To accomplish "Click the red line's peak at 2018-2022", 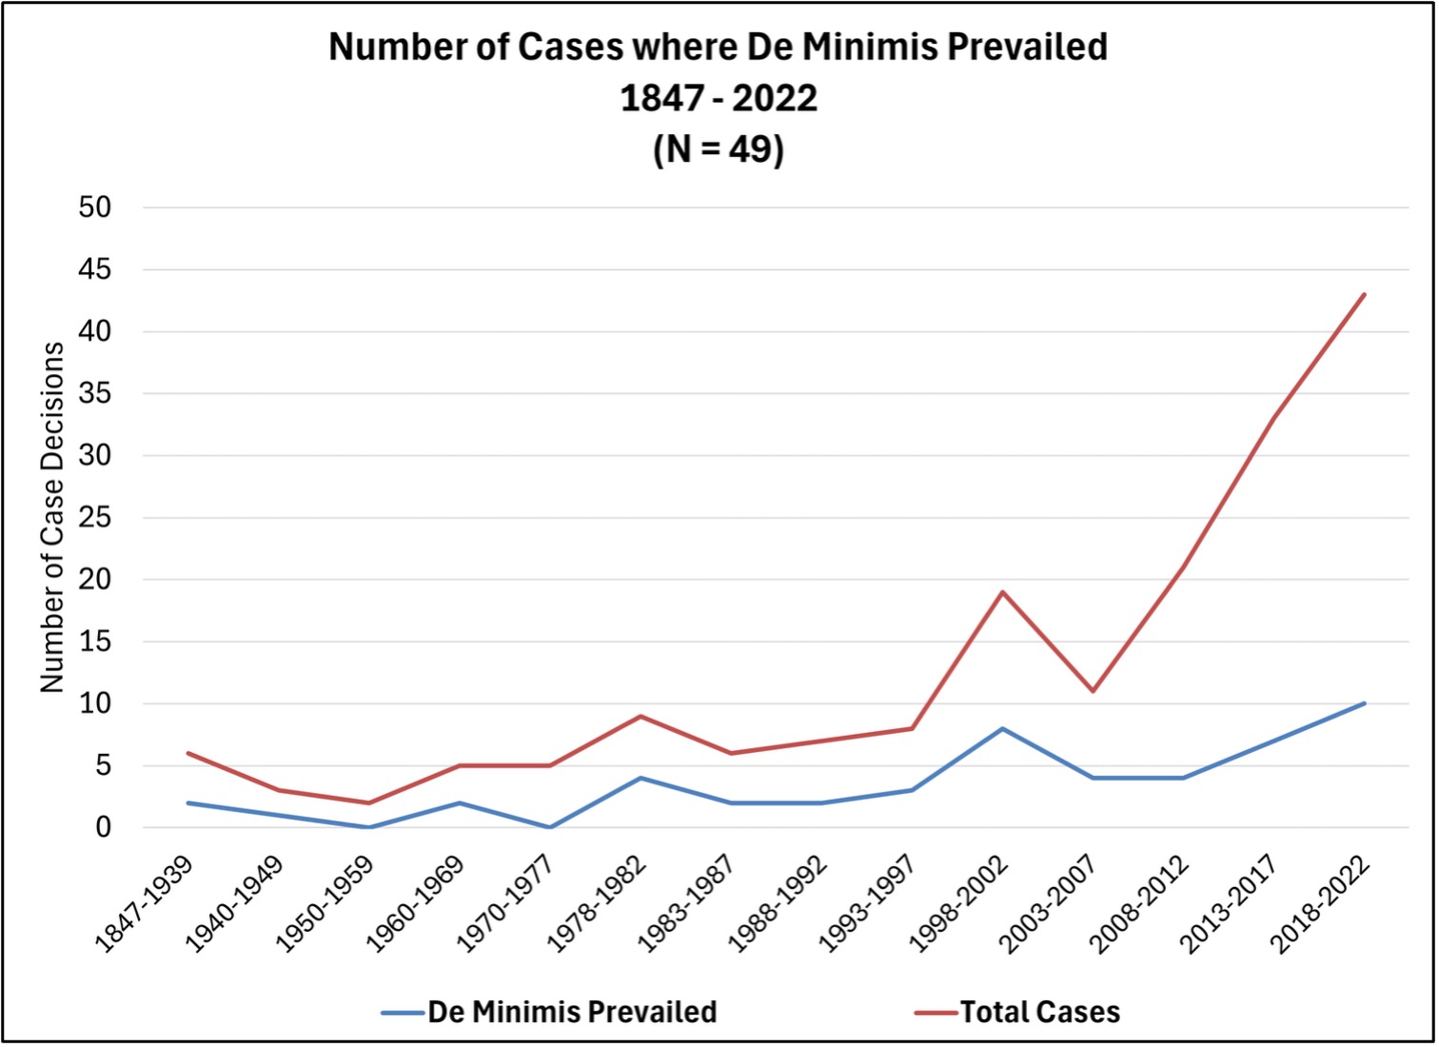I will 1364,294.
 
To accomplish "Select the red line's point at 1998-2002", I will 1002,592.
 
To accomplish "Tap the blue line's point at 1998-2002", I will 1002,729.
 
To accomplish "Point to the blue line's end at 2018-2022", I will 1364,703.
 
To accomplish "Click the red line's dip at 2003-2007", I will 1093,691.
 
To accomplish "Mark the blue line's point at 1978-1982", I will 641,778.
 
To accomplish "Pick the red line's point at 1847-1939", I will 188,753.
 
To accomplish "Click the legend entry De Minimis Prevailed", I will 571,1012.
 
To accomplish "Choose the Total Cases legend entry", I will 1039,1012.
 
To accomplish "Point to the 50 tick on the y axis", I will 94,207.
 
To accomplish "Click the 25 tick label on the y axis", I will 94,518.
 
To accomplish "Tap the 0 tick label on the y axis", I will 103,828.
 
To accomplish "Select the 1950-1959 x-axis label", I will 325,903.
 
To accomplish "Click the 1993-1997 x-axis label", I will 867,903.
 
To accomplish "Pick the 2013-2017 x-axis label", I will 1229,903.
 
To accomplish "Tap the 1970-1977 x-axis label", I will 505,903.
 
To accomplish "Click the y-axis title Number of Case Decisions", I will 52,517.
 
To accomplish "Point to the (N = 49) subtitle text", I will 719,148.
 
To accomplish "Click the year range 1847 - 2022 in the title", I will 719,98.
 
